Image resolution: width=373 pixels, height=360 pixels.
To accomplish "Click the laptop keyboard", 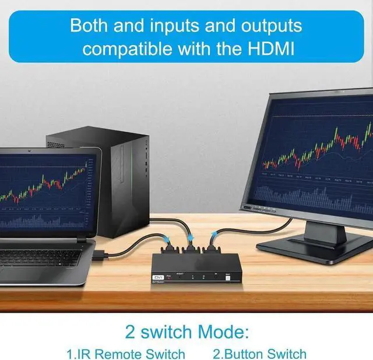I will point(41,256).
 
